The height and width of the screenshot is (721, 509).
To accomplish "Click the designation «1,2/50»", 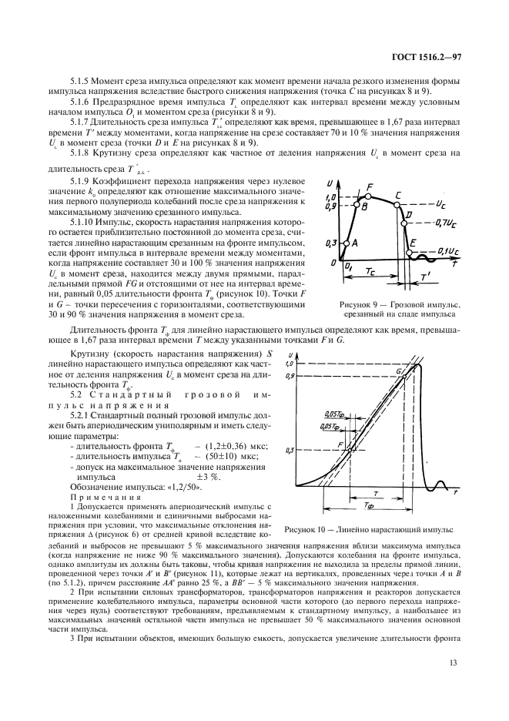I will (183, 487).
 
